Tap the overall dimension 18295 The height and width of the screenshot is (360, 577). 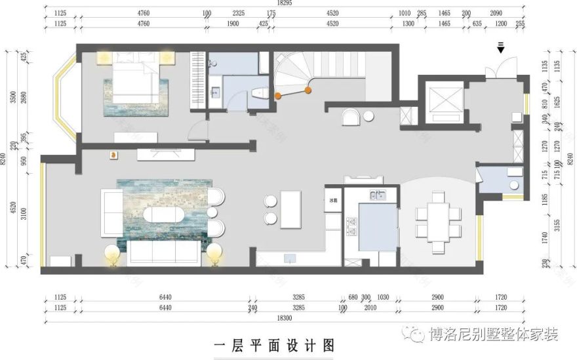coord(285,3)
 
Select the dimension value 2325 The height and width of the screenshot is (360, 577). coord(239,13)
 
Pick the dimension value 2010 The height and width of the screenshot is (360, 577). coord(370,307)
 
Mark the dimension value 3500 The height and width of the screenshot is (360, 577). coord(13,98)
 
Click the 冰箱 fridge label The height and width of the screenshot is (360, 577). coord(332,199)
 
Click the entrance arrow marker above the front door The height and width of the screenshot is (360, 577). coord(501,47)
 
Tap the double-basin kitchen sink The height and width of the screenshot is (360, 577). coord(378,195)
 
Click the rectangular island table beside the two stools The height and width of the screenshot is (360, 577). coord(290,209)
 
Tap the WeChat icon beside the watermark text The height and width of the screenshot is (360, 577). coord(415,335)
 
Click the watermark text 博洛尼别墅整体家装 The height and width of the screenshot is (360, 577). coord(493,335)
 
